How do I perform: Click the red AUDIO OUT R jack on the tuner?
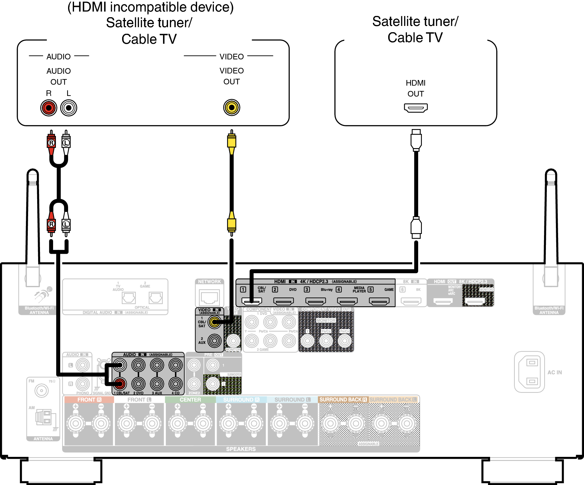(x=49, y=108)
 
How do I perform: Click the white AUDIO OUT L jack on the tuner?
(x=69, y=108)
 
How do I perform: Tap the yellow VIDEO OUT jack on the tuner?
(x=231, y=107)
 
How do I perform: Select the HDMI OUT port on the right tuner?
(x=416, y=108)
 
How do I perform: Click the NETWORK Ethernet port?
(x=210, y=297)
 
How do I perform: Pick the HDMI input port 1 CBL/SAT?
(x=252, y=301)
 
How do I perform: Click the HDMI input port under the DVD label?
(x=284, y=301)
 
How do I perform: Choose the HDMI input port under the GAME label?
(x=379, y=301)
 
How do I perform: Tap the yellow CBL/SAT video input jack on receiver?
(x=215, y=322)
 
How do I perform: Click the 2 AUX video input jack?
(x=215, y=341)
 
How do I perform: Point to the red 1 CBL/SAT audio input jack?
(x=120, y=383)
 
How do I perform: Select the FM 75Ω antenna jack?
(x=42, y=390)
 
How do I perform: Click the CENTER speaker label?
(x=190, y=400)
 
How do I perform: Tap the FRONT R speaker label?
(x=89, y=400)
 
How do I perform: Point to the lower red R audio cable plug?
(x=51, y=224)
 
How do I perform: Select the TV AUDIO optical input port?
(x=129, y=298)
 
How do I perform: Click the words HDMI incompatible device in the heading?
(x=151, y=7)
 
